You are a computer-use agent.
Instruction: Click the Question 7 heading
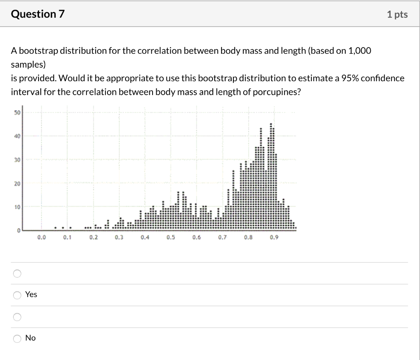38,14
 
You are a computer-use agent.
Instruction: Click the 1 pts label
397,15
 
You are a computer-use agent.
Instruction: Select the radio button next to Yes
17,295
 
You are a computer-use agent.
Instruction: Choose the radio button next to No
17,338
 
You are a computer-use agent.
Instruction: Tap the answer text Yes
31,294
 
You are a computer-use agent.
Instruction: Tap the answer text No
30,338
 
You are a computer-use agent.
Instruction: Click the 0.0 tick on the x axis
41,237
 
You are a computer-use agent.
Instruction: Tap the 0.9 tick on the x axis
274,237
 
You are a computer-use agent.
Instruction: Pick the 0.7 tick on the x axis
222,237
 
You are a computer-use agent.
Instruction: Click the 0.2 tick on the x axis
93,237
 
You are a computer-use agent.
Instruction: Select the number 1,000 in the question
359,51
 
